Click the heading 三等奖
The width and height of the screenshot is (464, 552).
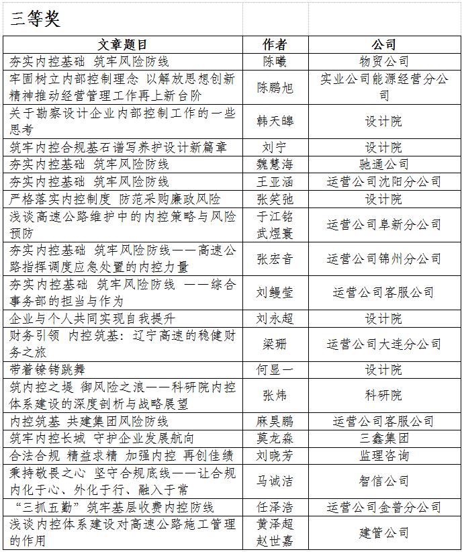[35, 19]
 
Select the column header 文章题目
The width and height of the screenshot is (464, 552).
[123, 45]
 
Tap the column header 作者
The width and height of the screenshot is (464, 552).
[275, 45]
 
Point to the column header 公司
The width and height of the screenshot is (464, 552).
[383, 45]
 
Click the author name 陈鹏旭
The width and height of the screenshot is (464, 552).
[275, 87]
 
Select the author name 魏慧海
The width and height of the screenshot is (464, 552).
[275, 164]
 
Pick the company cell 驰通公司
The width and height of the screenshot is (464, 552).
[383, 164]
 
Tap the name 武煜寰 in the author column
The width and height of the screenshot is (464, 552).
[275, 233]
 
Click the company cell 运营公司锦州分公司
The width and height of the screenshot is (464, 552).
[383, 259]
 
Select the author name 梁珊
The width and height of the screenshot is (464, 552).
[275, 344]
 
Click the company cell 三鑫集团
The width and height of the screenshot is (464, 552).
[383, 439]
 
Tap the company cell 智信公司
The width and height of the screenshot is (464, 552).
[383, 481]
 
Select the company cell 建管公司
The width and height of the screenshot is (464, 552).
[383, 533]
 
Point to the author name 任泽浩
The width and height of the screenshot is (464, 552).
[275, 507]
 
